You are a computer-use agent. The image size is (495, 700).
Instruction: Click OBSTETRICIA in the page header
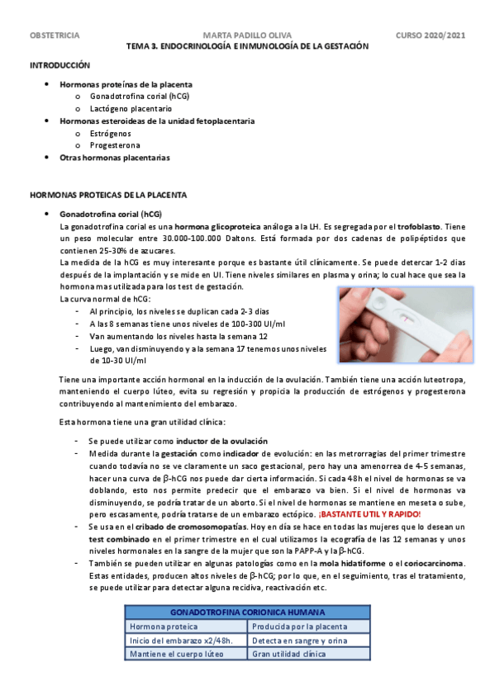click(55, 36)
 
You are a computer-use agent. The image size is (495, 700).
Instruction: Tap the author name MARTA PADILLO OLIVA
click(246, 36)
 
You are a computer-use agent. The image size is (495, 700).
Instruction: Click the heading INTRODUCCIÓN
click(59, 64)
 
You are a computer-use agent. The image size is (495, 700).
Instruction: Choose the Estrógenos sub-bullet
click(110, 133)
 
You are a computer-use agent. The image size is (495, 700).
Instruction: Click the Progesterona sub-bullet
click(114, 144)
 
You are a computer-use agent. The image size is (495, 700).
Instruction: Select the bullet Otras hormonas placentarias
click(115, 157)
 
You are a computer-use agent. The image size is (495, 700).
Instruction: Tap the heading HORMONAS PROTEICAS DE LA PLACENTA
click(108, 195)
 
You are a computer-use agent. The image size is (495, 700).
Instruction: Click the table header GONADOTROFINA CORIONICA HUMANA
click(248, 612)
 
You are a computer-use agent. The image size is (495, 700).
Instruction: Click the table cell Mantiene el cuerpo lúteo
click(176, 654)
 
